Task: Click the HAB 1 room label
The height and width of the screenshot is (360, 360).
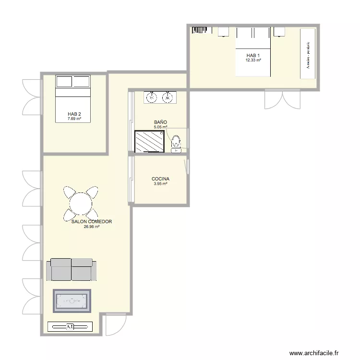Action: coord(253,55)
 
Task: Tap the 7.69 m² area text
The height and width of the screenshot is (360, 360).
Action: coord(74,119)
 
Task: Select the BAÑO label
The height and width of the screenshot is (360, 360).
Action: coord(160,122)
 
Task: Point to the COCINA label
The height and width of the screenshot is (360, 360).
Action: coord(160,179)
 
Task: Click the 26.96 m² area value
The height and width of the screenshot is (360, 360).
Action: coord(91,227)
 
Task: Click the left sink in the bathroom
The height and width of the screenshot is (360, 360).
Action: coord(152,98)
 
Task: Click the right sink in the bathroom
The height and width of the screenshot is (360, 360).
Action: coord(168,98)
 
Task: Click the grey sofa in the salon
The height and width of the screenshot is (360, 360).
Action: coord(72,269)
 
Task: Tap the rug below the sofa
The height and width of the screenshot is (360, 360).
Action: coord(72,301)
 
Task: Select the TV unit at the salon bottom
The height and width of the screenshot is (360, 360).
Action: coord(70,327)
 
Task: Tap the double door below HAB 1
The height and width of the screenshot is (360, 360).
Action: coord(282,98)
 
